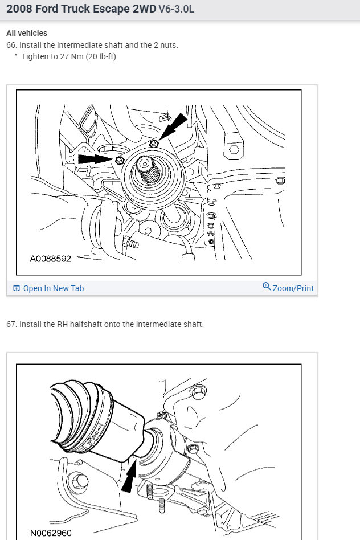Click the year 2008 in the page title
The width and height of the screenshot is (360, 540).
20,10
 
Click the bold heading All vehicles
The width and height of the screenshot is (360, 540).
27,33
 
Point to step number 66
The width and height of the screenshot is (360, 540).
11,45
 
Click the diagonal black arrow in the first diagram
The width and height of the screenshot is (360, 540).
173,125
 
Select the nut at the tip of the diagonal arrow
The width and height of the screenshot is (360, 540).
154,144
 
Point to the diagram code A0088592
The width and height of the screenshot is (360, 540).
50,259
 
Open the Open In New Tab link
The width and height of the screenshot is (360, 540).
53,288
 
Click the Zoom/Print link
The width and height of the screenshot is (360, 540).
293,288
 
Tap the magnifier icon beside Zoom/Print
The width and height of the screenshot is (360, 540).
267,287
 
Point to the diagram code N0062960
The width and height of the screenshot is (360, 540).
51,534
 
